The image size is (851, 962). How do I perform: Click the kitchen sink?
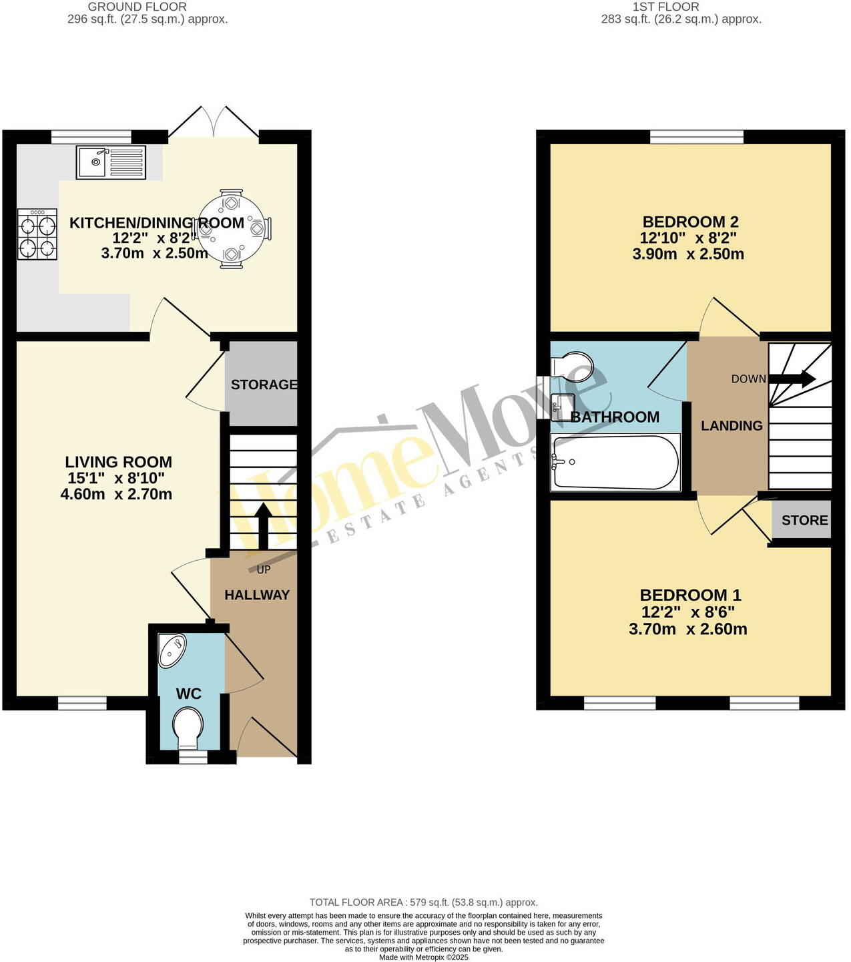click(111, 163)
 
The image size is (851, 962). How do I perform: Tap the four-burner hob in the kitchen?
click(37, 234)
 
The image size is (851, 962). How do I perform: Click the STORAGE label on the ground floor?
click(264, 385)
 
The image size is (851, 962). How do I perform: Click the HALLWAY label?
click(257, 595)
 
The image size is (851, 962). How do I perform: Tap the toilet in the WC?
click(188, 728)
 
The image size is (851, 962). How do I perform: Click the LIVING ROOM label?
click(118, 462)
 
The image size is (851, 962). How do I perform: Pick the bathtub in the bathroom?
click(616, 463)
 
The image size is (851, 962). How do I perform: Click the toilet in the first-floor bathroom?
click(573, 367)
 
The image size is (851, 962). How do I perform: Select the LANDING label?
click(732, 426)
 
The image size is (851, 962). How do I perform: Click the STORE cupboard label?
click(804, 521)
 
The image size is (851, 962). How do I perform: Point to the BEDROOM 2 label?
click(690, 222)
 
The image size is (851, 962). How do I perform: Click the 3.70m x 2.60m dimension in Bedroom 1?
click(687, 629)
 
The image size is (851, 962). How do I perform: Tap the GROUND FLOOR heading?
click(137, 7)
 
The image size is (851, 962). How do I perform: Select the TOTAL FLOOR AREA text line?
click(423, 902)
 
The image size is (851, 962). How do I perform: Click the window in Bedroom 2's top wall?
click(697, 137)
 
